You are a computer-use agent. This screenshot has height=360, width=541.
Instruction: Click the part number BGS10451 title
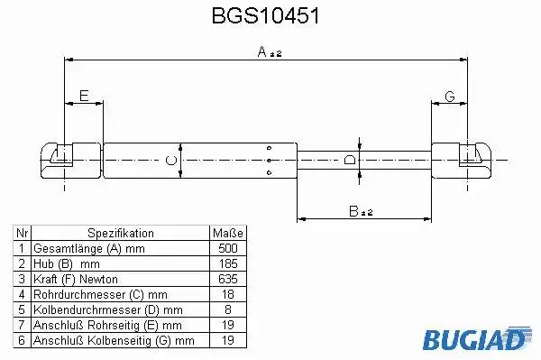coord(265,16)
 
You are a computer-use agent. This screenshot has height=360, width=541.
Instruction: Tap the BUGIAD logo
coord(478,338)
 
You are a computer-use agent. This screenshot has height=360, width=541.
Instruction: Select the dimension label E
coord(84,96)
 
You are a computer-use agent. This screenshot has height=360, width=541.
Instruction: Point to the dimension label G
coord(450,97)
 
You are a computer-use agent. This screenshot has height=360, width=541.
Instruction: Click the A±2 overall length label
coord(270,51)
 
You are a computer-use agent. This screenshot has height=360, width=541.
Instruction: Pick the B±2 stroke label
coord(361,211)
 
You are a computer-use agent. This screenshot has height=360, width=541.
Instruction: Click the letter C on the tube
coord(171,161)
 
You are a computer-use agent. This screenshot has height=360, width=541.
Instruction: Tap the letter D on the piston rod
coord(350,161)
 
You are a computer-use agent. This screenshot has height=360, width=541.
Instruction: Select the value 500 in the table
coord(228,248)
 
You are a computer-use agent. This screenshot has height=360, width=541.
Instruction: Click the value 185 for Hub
coord(228,263)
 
